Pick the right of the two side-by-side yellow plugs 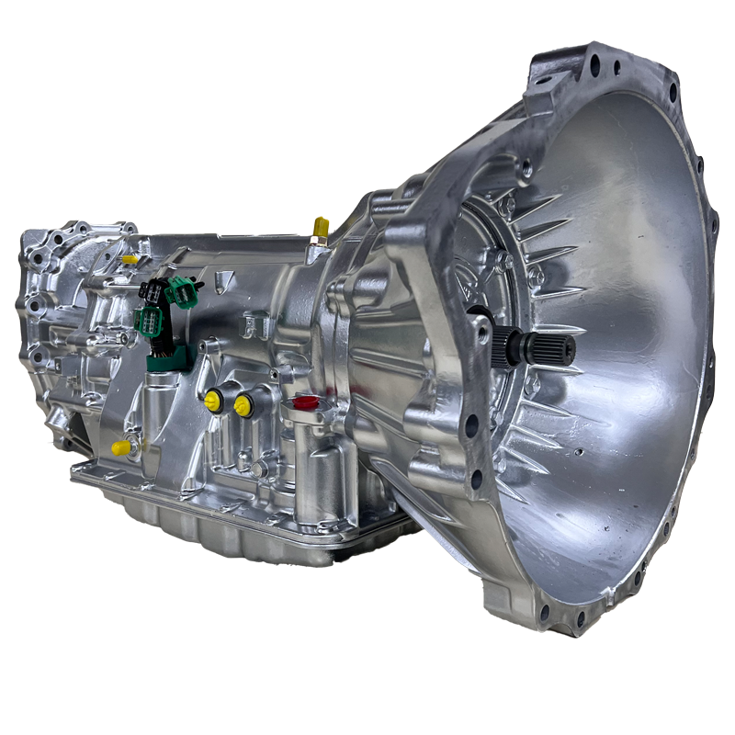[243, 404]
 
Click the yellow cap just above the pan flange [120, 447]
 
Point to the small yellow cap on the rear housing [130, 260]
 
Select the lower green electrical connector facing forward [147, 321]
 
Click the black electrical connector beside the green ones [151, 293]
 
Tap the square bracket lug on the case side [258, 325]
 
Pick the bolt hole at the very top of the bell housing [595, 66]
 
